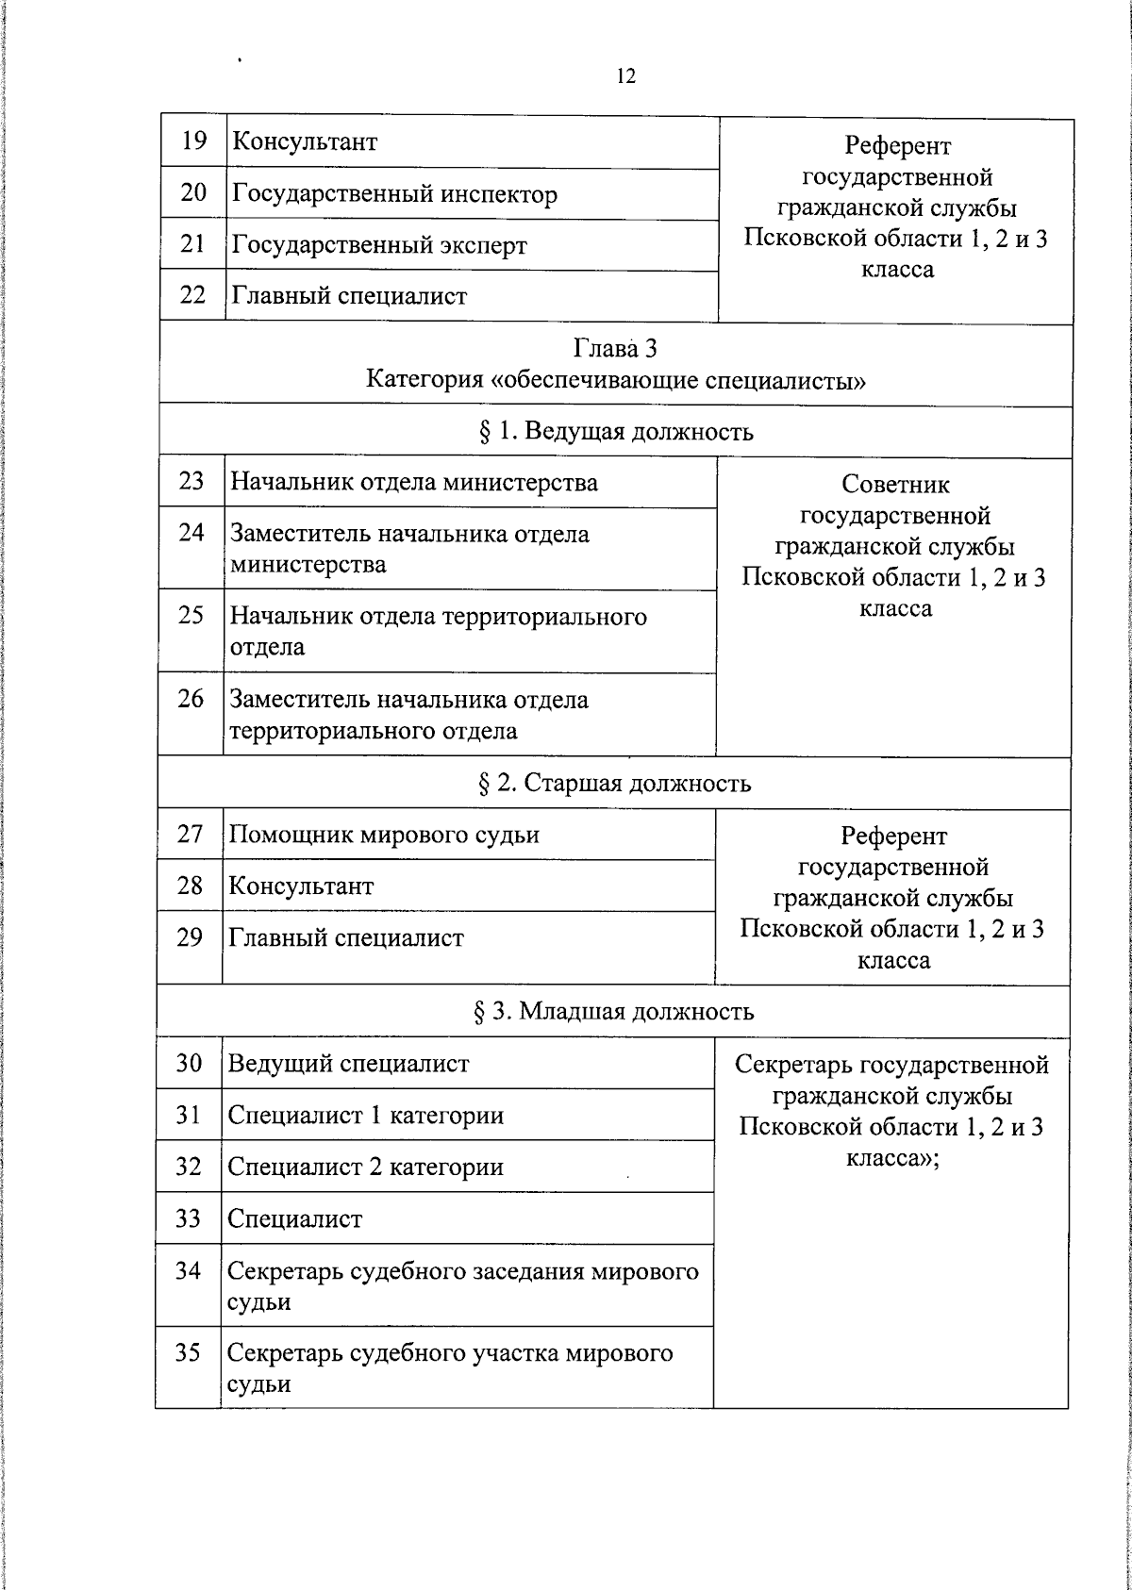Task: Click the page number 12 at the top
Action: [x=626, y=76]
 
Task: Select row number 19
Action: [x=193, y=141]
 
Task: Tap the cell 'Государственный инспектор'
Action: [x=394, y=194]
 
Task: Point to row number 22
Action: [x=192, y=295]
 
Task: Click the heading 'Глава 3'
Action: [x=615, y=349]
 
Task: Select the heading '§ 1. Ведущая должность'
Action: [x=615, y=432]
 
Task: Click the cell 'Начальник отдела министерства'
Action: [x=414, y=483]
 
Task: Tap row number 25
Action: [x=191, y=615]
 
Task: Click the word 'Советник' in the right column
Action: [x=895, y=485]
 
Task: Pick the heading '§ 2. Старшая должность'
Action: [x=614, y=783]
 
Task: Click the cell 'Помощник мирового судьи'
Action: [x=384, y=835]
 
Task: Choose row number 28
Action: [x=190, y=886]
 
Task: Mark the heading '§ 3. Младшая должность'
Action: [x=613, y=1012]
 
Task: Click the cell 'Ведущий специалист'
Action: [x=348, y=1064]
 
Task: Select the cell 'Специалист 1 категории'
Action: [x=366, y=1116]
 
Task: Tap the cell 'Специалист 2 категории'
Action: [x=366, y=1168]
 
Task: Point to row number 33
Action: [x=189, y=1218]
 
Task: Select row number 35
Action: [x=188, y=1353]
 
